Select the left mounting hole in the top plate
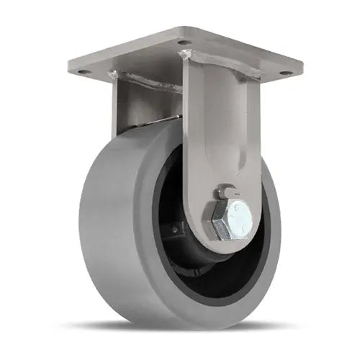tap(84, 72)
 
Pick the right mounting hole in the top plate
tap(285, 73)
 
